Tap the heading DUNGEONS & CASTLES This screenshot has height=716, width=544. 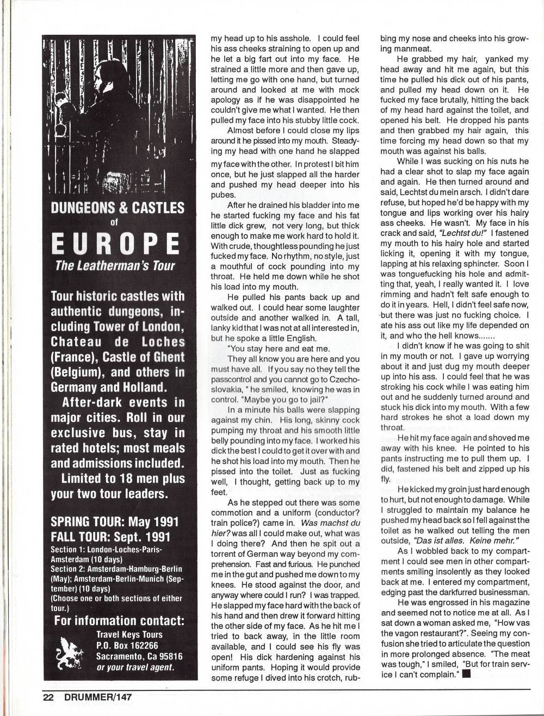point(117,208)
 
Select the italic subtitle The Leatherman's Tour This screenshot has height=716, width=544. point(115,266)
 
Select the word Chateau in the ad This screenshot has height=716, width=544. point(76,342)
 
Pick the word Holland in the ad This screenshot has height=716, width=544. point(139,388)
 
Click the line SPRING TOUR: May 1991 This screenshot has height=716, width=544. point(114,522)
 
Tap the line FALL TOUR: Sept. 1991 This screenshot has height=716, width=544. point(110,537)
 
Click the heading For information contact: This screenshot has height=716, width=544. point(119,621)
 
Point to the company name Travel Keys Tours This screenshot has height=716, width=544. point(129,634)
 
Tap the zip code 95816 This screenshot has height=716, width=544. point(169,656)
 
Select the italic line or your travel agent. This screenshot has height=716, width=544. point(135,668)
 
